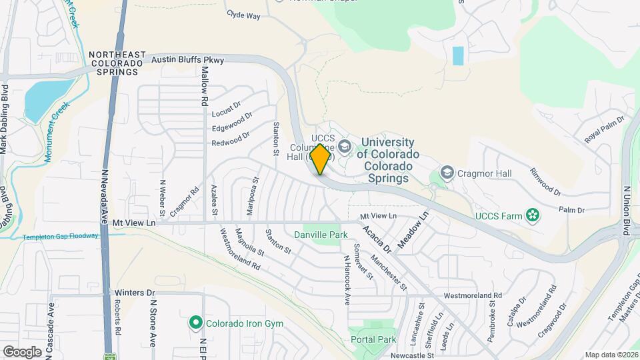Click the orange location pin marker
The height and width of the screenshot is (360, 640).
click(321, 159)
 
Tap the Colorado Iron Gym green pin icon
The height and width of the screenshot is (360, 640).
click(195, 323)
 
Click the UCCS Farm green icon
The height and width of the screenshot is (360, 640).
click(532, 215)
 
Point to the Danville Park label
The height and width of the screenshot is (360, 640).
click(321, 235)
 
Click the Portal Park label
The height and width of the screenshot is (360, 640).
click(373, 339)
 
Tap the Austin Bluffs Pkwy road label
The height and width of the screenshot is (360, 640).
click(187, 60)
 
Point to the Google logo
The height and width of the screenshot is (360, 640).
click(22, 351)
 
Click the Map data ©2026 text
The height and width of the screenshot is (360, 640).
click(611, 355)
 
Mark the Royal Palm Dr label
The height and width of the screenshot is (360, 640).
click(604, 130)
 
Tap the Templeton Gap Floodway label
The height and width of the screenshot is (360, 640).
click(61, 237)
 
